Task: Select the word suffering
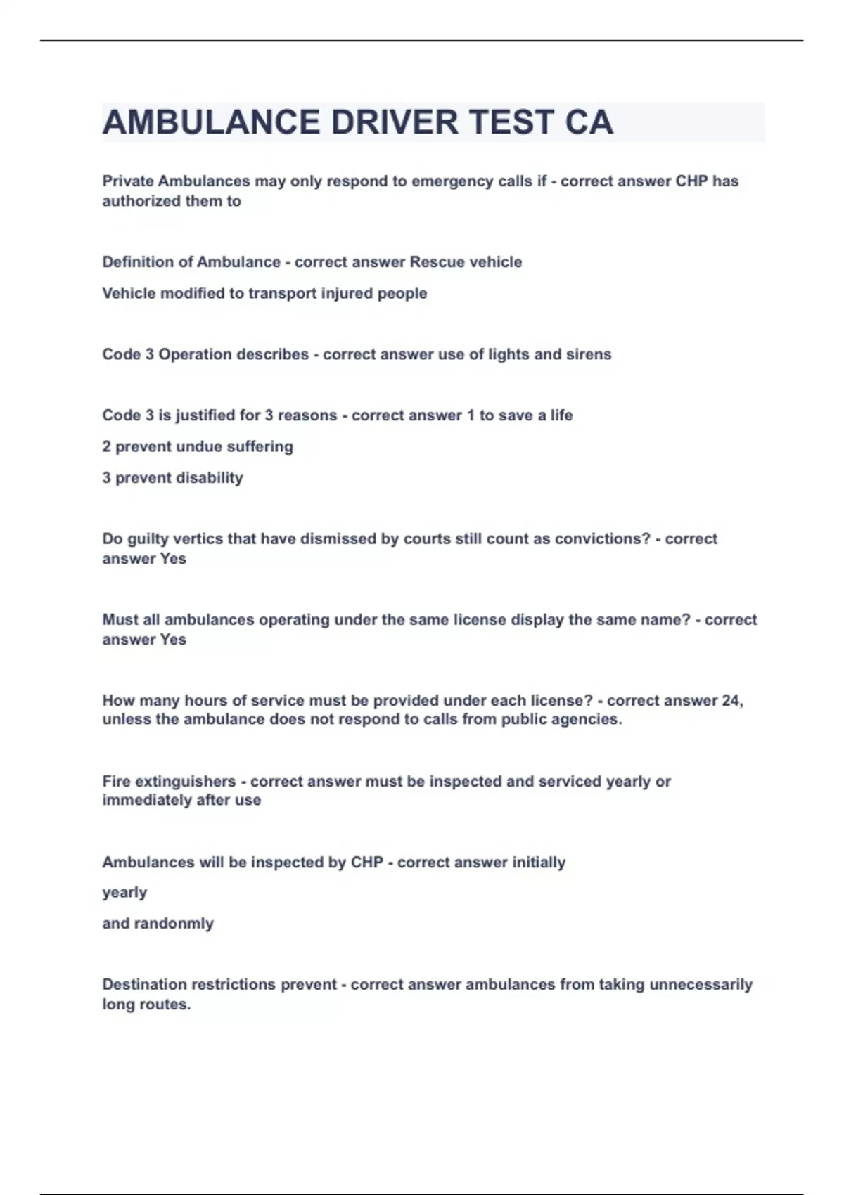click(260, 446)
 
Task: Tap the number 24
click(731, 701)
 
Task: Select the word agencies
click(589, 719)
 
